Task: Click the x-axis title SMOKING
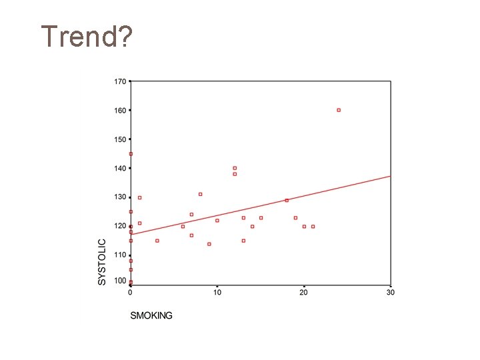pos(151,315)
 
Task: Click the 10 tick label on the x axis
pos(217,293)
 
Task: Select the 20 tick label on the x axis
pos(304,293)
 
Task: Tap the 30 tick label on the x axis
pos(391,293)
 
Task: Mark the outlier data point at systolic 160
pos(339,110)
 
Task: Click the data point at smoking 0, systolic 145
pos(131,154)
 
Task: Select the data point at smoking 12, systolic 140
pos(235,168)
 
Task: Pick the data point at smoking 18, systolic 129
pos(287,200)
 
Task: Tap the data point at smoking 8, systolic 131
pos(200,194)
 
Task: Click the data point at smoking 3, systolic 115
pos(157,241)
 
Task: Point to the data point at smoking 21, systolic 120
pos(313,226)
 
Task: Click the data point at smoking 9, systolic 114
pos(209,244)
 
